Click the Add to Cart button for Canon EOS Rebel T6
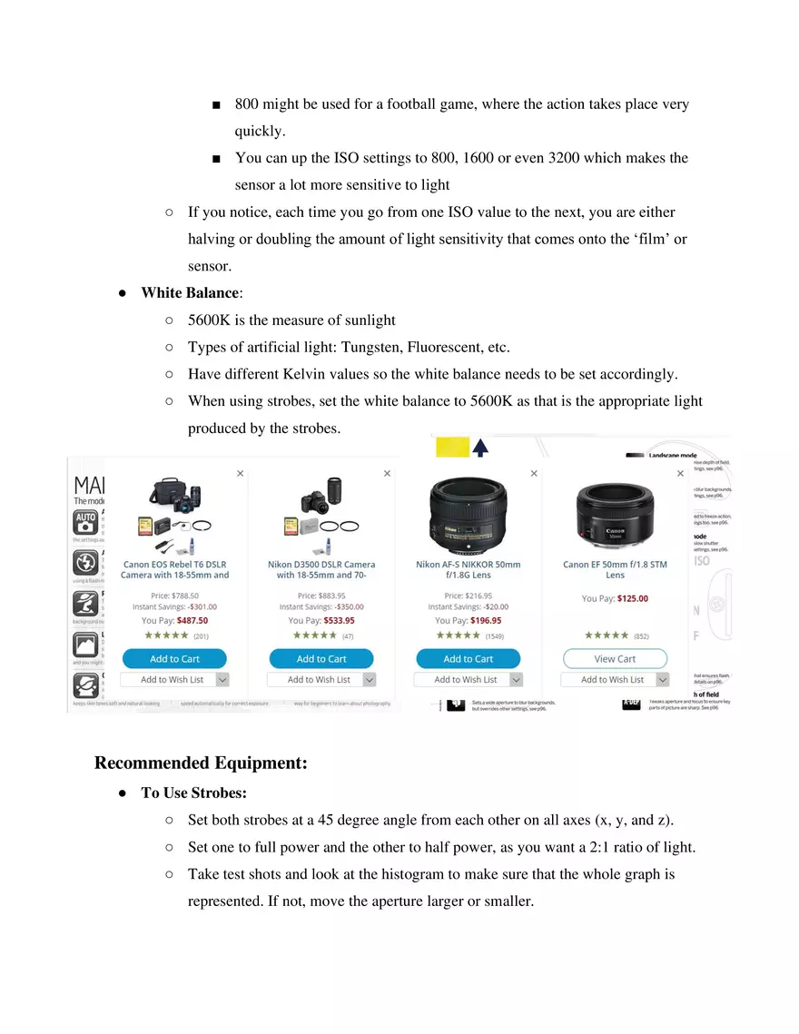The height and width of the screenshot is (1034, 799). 174,658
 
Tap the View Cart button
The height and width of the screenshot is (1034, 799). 615,658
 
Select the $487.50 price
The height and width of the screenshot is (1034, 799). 192,621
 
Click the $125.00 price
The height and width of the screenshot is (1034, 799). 632,598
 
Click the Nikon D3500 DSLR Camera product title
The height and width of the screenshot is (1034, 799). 321,569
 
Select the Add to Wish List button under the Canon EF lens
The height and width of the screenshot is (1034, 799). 613,679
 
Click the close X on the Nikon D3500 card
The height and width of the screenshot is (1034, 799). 387,473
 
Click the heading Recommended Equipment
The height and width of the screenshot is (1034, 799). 201,763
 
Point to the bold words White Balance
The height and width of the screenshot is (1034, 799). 189,293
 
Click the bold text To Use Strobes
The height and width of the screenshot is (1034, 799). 193,793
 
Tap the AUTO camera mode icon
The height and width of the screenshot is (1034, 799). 85,522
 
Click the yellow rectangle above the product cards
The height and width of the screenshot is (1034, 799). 453,446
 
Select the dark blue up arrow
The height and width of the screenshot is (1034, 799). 480,446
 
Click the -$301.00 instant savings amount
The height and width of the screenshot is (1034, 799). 202,606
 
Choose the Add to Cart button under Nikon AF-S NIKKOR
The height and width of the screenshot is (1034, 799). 468,658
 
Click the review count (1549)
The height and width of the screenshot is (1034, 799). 495,636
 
